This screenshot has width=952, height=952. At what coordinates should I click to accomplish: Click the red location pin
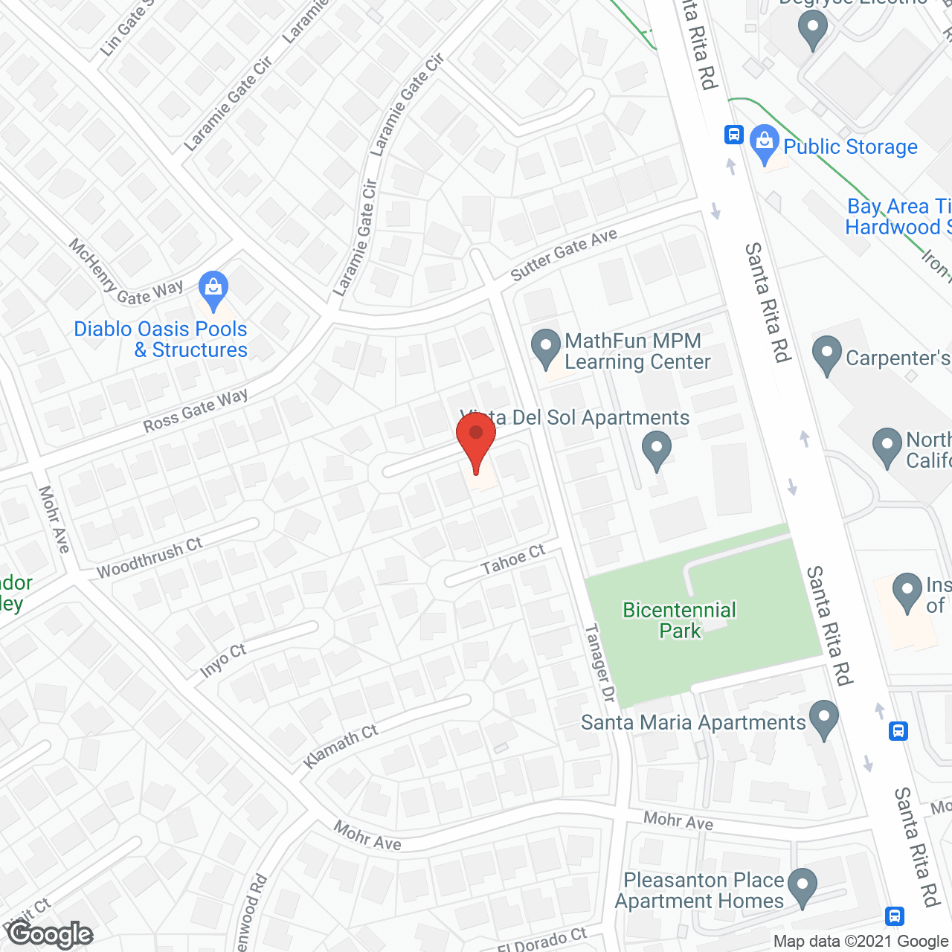pos(476,442)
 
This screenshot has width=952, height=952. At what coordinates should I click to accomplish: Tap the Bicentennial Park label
pos(680,620)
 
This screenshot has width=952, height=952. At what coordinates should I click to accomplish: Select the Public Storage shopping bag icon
pos(764,144)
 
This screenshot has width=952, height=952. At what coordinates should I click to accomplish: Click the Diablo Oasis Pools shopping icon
pos(213,290)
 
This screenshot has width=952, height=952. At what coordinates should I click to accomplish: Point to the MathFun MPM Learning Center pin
pos(546,349)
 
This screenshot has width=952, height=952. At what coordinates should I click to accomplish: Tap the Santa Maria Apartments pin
pos(823,719)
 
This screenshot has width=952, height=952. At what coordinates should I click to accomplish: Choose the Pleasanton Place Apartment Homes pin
pos(803,887)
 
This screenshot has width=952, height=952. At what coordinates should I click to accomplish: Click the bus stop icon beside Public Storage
pos(734,135)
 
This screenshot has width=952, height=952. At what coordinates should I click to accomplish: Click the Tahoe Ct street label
pos(513,560)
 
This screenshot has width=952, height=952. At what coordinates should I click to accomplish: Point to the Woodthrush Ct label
pos(149,558)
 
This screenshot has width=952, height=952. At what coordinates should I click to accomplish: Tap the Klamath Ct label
pos(341,746)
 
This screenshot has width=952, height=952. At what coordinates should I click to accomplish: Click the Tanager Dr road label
pos(600,663)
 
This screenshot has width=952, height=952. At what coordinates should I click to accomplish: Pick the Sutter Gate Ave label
pos(564,254)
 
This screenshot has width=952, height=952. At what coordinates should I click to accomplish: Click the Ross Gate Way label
pos(196,411)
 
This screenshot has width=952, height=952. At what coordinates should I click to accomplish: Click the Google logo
pos(51,934)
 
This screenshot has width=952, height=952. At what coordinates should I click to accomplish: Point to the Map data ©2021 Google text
pos(861,942)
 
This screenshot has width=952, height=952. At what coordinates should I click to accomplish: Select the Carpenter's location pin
pos(826,355)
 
